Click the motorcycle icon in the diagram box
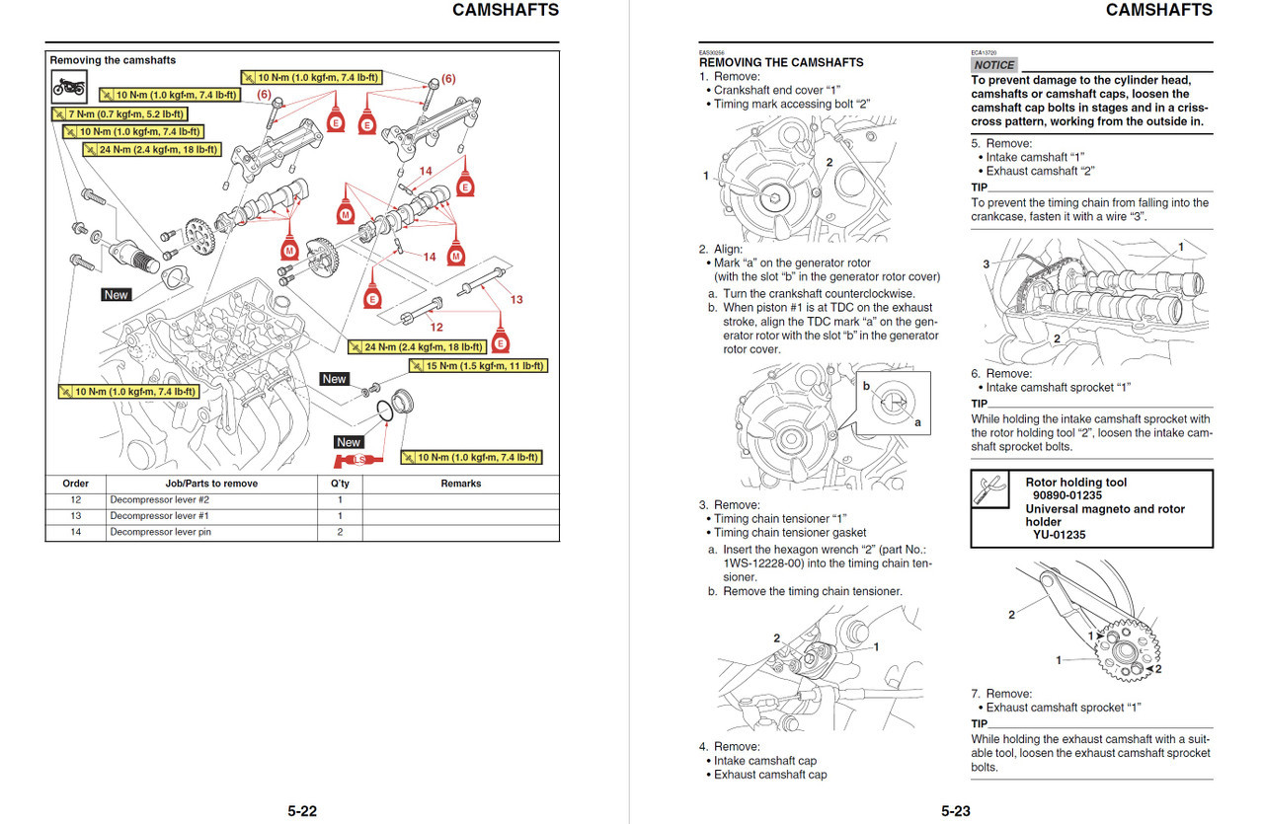(69, 88)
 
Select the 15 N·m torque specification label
(478, 366)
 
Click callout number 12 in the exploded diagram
(436, 327)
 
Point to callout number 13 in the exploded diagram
(516, 299)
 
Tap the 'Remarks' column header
(460, 484)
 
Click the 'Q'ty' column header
(339, 484)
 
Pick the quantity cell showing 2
(339, 532)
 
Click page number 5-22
(302, 811)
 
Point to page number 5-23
(955, 811)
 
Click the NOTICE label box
(994, 65)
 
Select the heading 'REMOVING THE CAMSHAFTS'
(781, 62)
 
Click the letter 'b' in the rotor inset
(866, 386)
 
